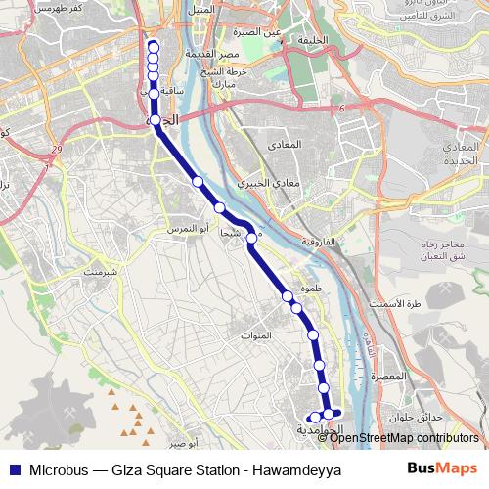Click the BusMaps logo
[x=443, y=467]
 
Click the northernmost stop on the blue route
[x=154, y=45]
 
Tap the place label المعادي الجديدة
[x=456, y=153]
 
